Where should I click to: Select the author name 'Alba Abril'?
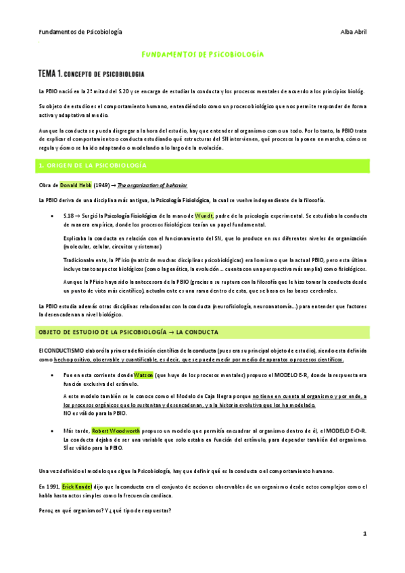click(352, 32)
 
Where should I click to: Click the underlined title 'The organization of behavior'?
click(149, 184)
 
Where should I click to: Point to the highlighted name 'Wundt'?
click(204, 215)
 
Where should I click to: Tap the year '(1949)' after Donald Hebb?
click(111, 184)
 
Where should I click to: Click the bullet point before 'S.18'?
click(53, 215)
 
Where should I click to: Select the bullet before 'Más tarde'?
click(53, 429)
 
